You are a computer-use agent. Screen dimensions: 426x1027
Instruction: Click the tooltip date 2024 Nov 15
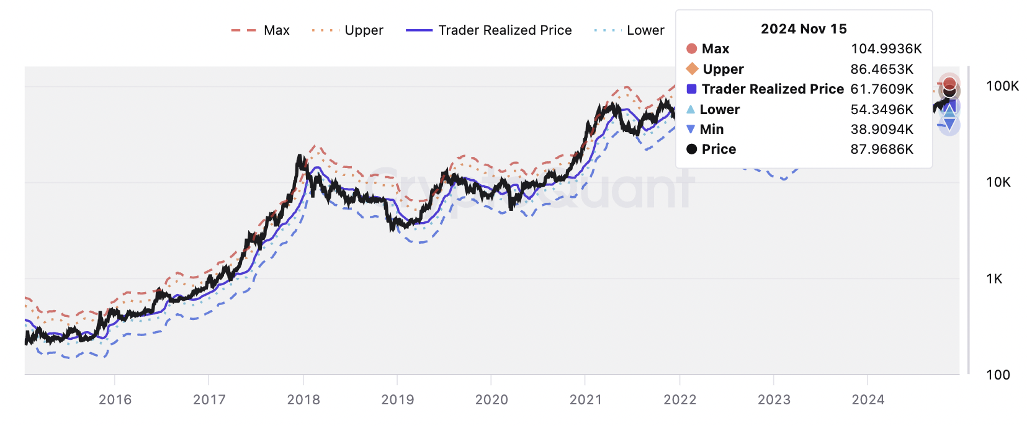pos(804,29)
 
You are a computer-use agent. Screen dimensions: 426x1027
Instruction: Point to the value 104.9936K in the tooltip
pos(886,49)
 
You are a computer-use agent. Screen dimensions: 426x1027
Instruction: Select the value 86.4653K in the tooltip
pos(882,69)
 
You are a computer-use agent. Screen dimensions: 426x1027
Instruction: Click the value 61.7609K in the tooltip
pos(882,89)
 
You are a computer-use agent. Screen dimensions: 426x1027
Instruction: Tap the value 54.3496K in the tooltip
pos(882,110)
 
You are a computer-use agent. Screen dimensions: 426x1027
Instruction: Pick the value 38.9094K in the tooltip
pos(882,130)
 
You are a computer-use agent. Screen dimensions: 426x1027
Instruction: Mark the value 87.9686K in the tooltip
pos(882,149)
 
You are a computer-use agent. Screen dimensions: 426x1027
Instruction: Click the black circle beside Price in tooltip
pos(692,149)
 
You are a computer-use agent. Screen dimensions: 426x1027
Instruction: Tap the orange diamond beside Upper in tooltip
pos(692,69)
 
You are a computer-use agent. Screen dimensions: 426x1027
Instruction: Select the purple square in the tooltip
pos(692,89)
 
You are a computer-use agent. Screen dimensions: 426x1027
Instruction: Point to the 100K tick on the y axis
pos(1002,86)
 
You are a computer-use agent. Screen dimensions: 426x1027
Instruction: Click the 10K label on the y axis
pos(998,182)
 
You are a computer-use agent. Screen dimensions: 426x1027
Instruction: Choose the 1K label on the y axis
pos(994,279)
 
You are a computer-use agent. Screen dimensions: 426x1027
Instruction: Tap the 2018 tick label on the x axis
pos(303,400)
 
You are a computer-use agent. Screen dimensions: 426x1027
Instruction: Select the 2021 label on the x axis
pos(586,400)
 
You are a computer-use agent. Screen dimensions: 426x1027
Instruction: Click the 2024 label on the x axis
pos(868,400)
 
